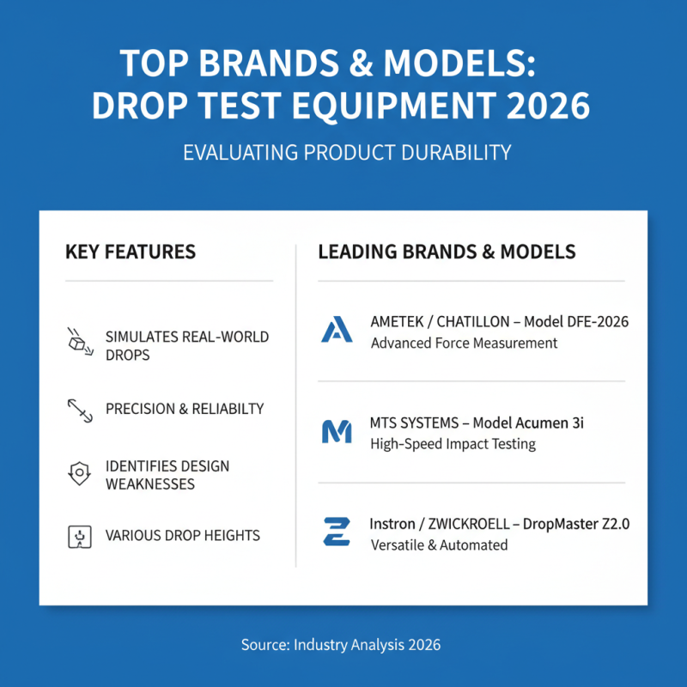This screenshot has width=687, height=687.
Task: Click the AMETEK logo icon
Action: tap(337, 330)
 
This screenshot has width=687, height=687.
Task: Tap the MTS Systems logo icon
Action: tap(337, 431)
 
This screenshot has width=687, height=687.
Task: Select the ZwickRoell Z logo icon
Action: tap(337, 532)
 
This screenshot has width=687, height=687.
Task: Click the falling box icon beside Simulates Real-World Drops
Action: tap(78, 341)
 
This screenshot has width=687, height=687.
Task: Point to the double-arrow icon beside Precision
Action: tap(79, 410)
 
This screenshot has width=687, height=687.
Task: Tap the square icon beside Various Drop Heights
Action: tap(79, 537)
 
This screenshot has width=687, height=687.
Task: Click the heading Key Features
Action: tap(131, 252)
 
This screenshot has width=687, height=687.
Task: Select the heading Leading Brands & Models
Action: tap(447, 252)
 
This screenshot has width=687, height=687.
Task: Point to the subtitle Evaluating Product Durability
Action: tap(347, 153)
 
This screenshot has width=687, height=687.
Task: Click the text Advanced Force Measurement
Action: tap(464, 343)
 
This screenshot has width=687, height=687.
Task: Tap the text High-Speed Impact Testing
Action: tap(453, 444)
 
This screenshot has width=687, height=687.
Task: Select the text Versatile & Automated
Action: tap(439, 545)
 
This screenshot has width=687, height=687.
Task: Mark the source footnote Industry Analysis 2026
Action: tap(368, 643)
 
